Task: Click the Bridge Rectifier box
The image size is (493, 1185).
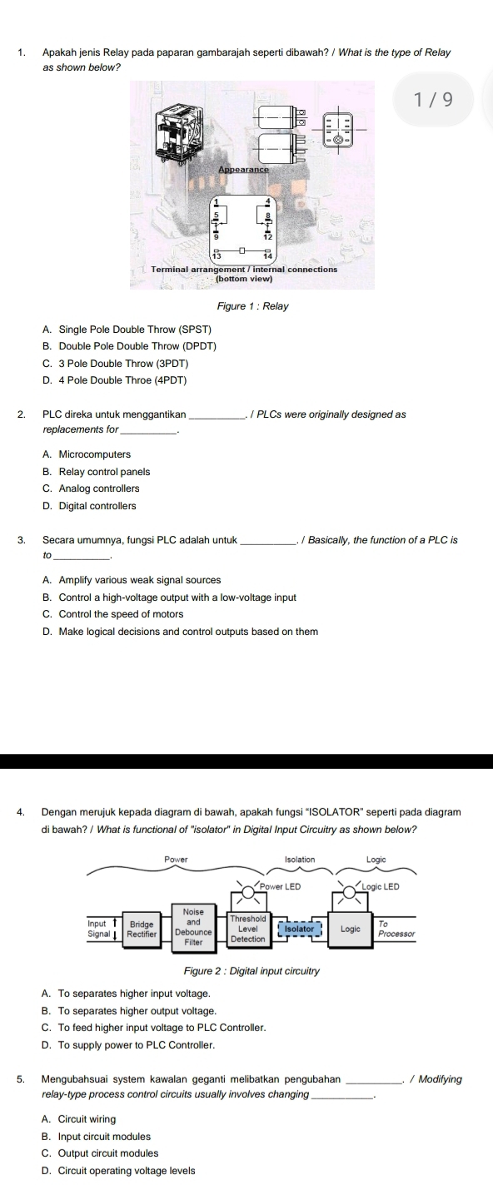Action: (142, 928)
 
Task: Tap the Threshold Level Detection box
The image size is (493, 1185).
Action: (247, 927)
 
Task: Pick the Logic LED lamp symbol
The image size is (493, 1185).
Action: (350, 890)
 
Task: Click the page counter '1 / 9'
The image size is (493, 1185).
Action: (432, 101)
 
